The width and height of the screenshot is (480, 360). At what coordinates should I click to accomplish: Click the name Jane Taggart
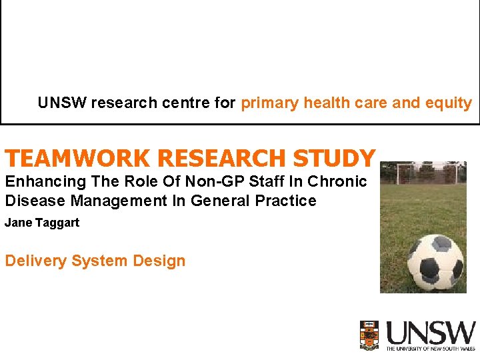pyautogui.click(x=42, y=223)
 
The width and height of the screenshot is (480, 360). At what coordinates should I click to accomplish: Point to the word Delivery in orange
pyautogui.click(x=35, y=261)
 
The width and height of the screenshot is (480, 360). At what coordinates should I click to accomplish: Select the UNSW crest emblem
pyautogui.click(x=369, y=335)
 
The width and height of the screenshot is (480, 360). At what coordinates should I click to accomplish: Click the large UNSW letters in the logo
pyautogui.click(x=431, y=333)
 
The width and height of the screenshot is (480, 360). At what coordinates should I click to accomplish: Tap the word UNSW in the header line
pyautogui.click(x=62, y=103)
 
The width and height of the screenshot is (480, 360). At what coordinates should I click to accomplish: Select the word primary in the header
pyautogui.click(x=270, y=103)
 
